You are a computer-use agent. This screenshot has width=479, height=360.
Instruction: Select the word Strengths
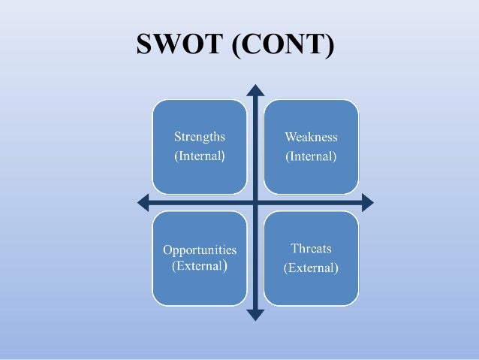click(x=200, y=138)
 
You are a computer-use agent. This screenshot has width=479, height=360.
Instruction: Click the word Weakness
click(x=311, y=138)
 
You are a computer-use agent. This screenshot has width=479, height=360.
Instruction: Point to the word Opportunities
click(x=200, y=250)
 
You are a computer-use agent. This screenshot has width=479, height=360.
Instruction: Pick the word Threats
click(x=311, y=248)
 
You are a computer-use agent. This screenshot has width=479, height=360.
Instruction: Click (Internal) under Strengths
click(x=200, y=157)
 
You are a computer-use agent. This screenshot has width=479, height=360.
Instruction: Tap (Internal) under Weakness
click(x=311, y=157)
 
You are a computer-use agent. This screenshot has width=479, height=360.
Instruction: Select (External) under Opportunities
click(x=200, y=266)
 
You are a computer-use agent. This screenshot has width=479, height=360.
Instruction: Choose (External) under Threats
click(x=311, y=268)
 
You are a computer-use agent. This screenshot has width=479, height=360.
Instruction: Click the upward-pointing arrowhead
click(x=256, y=92)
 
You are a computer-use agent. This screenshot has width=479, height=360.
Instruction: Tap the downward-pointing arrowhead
click(x=256, y=315)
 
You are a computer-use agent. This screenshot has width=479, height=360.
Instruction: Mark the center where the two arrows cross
click(x=256, y=202)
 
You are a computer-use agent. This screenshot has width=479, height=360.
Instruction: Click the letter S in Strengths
click(x=177, y=138)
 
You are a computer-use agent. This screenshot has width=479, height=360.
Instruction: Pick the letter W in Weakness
click(x=290, y=138)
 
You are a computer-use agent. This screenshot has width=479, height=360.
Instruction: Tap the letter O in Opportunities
click(x=167, y=250)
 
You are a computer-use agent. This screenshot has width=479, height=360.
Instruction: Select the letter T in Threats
click(x=294, y=248)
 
